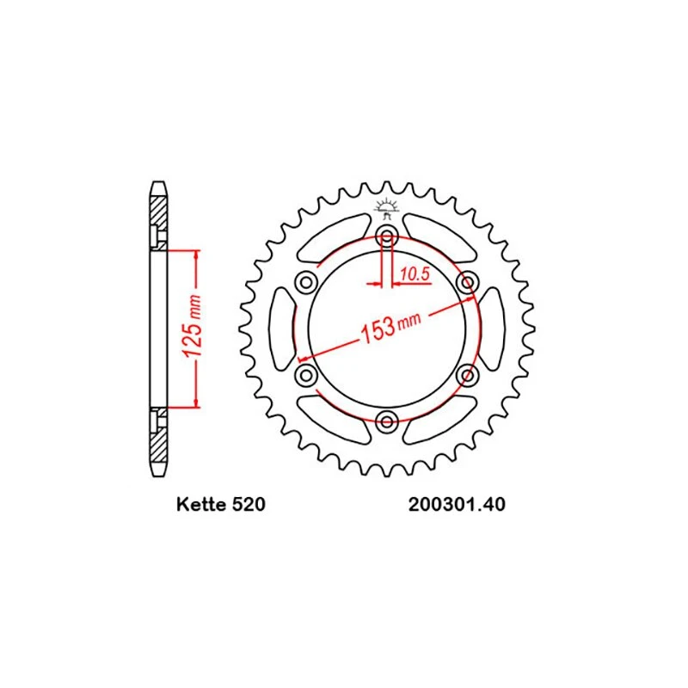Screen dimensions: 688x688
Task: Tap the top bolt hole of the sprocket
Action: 386,237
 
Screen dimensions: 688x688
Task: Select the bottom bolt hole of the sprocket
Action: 386,421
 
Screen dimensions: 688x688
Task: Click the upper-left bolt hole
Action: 305,282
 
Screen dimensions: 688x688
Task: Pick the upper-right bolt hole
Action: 467,282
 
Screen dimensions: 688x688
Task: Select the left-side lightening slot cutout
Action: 282,329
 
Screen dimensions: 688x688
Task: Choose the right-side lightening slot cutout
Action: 491,329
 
